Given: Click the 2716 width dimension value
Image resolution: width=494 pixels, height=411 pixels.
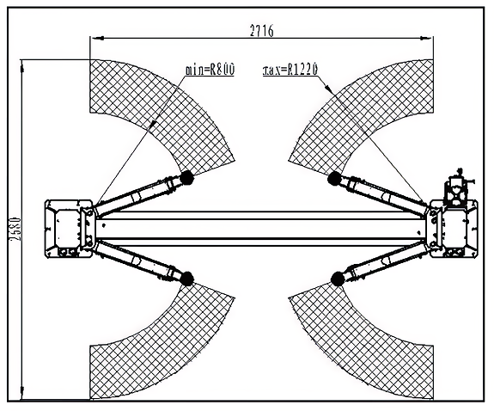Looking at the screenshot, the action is pyautogui.click(x=262, y=31).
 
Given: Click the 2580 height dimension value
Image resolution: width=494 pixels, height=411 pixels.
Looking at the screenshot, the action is pyautogui.click(x=15, y=230).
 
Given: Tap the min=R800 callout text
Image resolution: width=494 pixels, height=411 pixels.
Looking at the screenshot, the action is pyautogui.click(x=210, y=70).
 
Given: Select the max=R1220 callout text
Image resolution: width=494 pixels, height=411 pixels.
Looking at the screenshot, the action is pyautogui.click(x=290, y=70).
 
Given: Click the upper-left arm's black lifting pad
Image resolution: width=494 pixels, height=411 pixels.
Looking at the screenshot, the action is pyautogui.click(x=186, y=178).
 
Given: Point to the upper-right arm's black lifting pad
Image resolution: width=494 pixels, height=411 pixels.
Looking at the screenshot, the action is pyautogui.click(x=334, y=179).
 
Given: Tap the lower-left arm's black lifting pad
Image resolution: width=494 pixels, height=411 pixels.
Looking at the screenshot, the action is pyautogui.click(x=186, y=279).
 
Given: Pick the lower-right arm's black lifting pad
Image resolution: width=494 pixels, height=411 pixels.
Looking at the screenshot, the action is pyautogui.click(x=338, y=279).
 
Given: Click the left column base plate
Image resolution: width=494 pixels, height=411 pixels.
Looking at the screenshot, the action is pyautogui.click(x=69, y=229).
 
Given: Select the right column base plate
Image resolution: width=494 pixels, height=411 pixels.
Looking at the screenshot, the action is pyautogui.click(x=454, y=229).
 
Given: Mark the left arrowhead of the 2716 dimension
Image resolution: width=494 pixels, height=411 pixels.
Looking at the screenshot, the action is pyautogui.click(x=97, y=38).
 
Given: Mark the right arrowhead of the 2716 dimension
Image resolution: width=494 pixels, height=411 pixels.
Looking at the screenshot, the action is pyautogui.click(x=427, y=38).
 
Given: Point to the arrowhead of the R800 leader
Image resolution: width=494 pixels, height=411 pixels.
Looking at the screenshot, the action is pyautogui.click(x=152, y=124).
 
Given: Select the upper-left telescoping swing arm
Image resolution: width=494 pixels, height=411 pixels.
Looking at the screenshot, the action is pyautogui.click(x=138, y=195).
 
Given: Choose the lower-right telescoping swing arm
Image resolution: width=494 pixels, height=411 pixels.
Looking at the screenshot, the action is pyautogui.click(x=386, y=261).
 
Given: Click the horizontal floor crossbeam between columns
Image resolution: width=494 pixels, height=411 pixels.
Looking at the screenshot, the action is pyautogui.click(x=262, y=229).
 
